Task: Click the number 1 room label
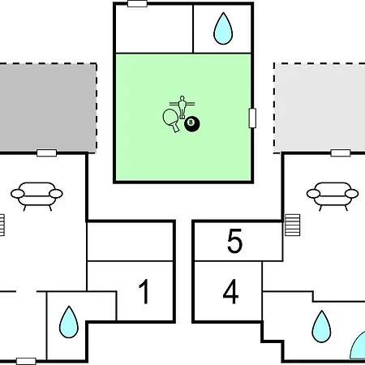[x=144, y=291]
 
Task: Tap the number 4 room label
[x=230, y=291]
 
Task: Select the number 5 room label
[x=234, y=241]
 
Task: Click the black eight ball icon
[x=192, y=124]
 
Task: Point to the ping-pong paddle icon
[x=171, y=120]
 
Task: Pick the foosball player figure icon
[x=182, y=107]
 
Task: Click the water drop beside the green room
[x=223, y=28]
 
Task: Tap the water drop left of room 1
[x=69, y=322]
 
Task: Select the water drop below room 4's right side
[x=321, y=326]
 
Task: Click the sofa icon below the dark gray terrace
[x=36, y=196]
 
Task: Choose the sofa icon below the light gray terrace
[x=333, y=196]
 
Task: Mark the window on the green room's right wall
[x=252, y=118]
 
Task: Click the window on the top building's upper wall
[x=137, y=4]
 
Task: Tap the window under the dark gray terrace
[x=47, y=153]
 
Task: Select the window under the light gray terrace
[x=341, y=153]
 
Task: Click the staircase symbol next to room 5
[x=293, y=225]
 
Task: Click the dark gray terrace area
[x=48, y=108]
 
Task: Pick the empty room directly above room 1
[x=130, y=242]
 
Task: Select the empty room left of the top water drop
[x=154, y=28]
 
